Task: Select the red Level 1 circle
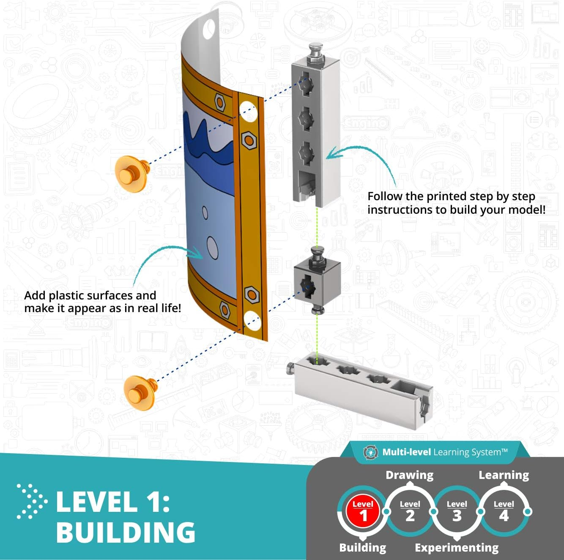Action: pos(363,511)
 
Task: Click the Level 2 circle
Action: pos(410,511)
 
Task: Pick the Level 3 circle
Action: pos(457,511)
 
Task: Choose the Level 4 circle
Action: pos(504,511)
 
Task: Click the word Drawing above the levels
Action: pos(409,475)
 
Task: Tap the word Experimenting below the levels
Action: pos(457,548)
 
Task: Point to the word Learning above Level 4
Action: pos(504,475)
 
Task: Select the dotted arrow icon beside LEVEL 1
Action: pos(32,501)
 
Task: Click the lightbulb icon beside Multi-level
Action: pos(371,452)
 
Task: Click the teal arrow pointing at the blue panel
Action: pos(169,258)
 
